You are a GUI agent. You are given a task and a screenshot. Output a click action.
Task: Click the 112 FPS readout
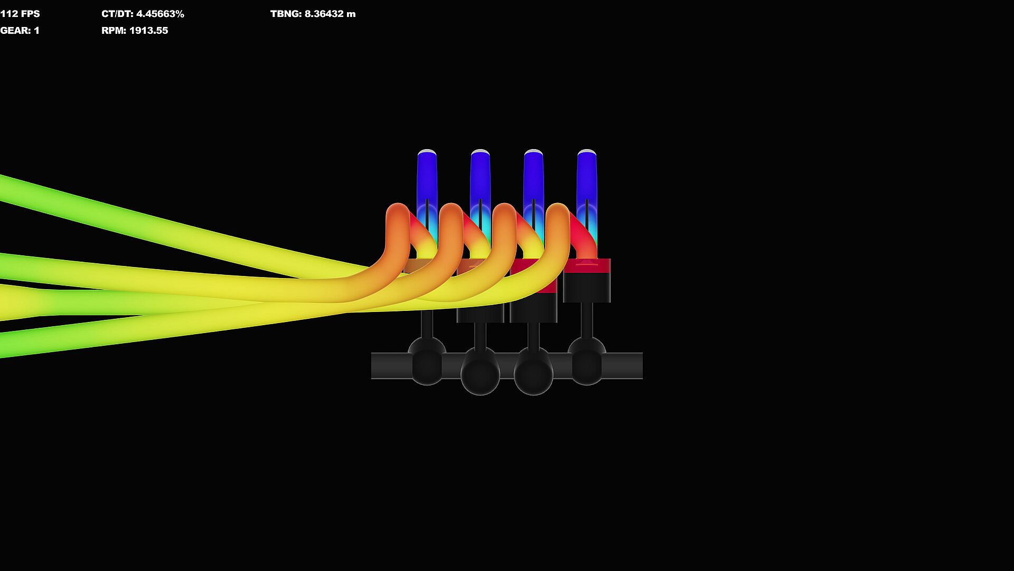point(20,14)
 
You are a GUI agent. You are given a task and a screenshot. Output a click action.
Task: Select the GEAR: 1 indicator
point(20,31)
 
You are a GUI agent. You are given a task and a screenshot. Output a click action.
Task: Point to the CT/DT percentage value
point(160,14)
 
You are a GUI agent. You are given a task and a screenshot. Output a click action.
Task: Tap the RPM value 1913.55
point(148,31)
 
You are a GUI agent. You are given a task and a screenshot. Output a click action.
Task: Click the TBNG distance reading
point(330,14)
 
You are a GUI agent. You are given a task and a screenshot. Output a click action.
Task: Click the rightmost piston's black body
point(587,288)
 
